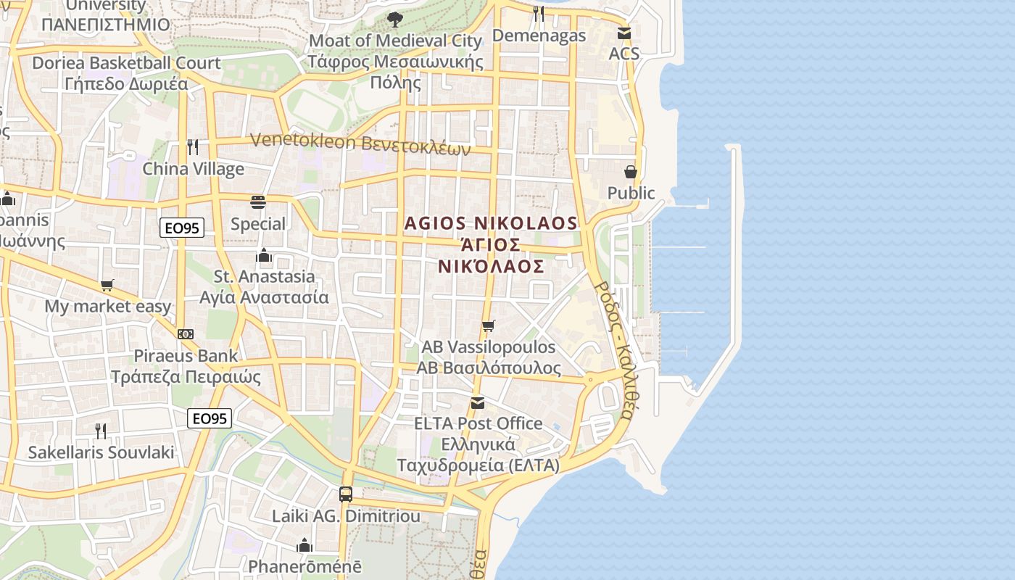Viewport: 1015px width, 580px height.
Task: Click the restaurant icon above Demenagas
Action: pos(538,13)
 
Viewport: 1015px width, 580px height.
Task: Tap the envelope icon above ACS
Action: pos(623,33)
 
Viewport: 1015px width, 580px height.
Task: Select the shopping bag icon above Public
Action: pos(631,172)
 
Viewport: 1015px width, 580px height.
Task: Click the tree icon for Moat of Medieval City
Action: pos(394,20)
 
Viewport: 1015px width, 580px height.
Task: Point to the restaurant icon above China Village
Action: pos(193,147)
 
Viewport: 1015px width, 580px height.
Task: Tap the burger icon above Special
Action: pos(258,202)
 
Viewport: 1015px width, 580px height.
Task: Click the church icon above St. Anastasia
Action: pos(264,255)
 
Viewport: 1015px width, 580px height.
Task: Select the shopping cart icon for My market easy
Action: pos(107,285)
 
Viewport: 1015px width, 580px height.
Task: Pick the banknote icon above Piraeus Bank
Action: pos(186,334)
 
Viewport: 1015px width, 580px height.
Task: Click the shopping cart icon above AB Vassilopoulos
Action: pos(489,326)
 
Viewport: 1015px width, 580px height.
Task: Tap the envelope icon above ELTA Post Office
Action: pos(477,402)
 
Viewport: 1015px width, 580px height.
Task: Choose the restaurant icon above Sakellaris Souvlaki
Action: pos(101,431)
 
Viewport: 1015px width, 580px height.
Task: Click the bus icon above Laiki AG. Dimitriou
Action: pos(346,494)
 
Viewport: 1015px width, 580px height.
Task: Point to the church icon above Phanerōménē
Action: pos(304,544)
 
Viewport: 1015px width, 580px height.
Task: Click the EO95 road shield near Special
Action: pos(182,228)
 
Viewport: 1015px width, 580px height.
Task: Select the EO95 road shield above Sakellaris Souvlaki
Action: pos(210,418)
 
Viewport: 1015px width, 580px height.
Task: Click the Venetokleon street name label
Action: pos(360,144)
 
